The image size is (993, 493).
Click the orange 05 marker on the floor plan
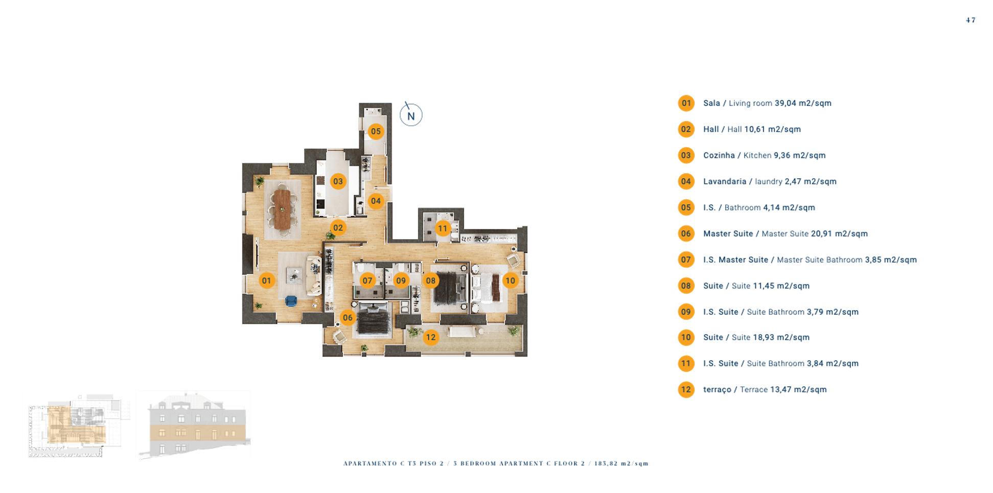point(376,131)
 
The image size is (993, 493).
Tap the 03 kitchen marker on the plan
point(338,181)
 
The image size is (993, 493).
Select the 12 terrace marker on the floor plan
point(431,337)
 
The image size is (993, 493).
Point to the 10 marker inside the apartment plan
point(510,280)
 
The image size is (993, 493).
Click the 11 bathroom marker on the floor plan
point(443,228)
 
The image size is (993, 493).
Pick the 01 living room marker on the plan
point(266,280)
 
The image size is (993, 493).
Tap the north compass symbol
point(411,115)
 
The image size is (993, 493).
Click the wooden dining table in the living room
point(282,209)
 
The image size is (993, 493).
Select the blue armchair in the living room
point(291,301)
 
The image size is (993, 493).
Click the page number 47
point(971,20)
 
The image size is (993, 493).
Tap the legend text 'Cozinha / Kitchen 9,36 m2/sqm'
point(764,155)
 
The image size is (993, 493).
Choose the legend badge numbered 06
point(686,233)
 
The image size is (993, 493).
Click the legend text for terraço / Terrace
point(765,389)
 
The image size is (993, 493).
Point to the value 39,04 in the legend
point(785,103)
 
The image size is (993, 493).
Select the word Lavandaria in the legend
point(725,181)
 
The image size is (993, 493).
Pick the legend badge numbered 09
point(686,312)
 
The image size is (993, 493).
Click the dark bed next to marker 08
point(450,288)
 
